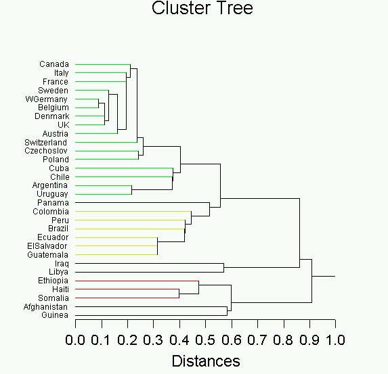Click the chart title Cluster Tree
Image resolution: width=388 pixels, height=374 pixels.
click(x=202, y=8)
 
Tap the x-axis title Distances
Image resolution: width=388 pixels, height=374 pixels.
click(x=206, y=361)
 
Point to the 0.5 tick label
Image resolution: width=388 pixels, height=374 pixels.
click(x=205, y=340)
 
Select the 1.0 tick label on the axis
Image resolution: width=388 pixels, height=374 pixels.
click(x=335, y=340)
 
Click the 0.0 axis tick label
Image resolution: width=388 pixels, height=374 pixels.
click(x=75, y=340)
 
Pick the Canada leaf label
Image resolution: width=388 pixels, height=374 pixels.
click(x=54, y=64)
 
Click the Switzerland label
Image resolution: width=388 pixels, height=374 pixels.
click(x=46, y=143)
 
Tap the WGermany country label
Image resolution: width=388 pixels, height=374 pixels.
click(x=46, y=99)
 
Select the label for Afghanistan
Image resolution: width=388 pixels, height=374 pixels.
click(x=45, y=307)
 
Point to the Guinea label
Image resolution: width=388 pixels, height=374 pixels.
click(x=55, y=315)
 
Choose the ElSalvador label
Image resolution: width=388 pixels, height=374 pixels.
click(x=47, y=246)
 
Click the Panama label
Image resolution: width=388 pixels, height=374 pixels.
click(x=53, y=203)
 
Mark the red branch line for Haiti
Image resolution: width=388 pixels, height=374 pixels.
click(x=127, y=289)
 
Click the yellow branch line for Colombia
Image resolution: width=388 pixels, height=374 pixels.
click(x=133, y=212)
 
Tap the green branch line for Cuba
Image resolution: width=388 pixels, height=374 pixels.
click(x=124, y=168)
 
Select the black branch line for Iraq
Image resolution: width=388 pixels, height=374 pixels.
click(x=150, y=264)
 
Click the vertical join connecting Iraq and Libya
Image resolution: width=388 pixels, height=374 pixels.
click(x=223, y=268)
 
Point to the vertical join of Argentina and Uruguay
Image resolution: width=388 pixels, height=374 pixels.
click(x=131, y=190)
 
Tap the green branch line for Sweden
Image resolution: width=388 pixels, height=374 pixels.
click(x=92, y=90)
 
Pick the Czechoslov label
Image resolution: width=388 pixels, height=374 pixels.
click(x=46, y=151)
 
